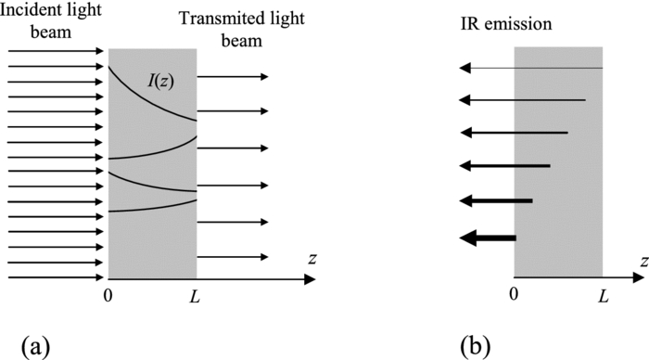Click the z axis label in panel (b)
pos(643,261)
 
